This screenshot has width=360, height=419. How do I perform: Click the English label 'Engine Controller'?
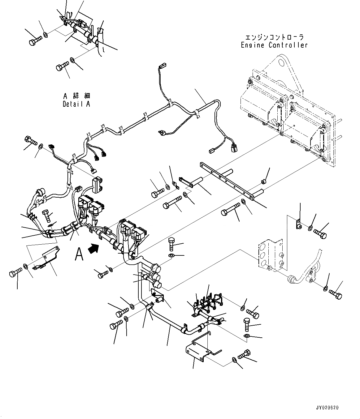point(274,45)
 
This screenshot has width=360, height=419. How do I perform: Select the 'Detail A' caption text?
point(76,104)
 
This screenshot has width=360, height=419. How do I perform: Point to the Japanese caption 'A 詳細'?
point(76,96)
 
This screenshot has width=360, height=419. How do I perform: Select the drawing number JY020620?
point(327,408)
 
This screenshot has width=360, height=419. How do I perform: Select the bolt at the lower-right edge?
point(336,294)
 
